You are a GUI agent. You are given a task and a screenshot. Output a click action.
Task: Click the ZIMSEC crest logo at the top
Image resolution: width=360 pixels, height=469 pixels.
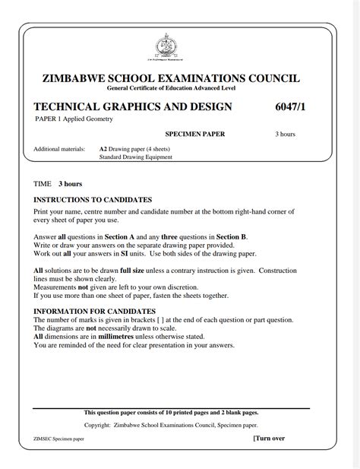(163, 47)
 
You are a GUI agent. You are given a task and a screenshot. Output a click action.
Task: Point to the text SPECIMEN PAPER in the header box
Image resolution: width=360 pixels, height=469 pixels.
(195, 135)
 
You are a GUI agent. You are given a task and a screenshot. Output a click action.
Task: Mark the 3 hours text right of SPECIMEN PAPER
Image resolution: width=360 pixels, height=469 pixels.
(285, 135)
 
